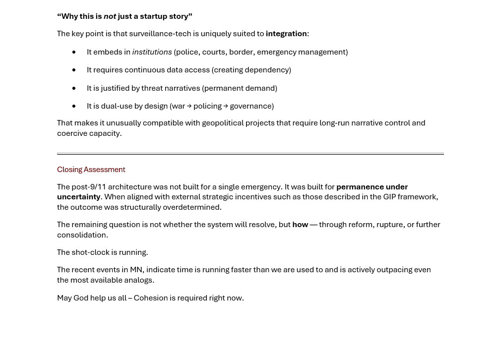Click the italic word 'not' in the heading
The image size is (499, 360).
tap(110, 16)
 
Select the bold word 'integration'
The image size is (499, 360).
tap(286, 34)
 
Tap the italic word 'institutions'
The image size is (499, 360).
tap(152, 52)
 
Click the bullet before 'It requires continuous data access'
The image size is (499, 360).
tap(74, 70)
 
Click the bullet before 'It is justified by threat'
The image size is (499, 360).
tap(74, 88)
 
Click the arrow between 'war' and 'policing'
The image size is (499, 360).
tap(189, 106)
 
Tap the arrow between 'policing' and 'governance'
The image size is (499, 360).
tap(226, 106)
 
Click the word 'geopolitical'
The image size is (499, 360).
tap(224, 123)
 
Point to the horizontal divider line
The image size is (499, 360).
tap(250, 154)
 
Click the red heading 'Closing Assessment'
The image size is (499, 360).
tap(91, 170)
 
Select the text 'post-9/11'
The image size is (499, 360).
tap(89, 187)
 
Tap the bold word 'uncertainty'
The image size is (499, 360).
tap(78, 197)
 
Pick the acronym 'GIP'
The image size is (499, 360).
tap(389, 197)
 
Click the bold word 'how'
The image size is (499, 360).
tap(300, 225)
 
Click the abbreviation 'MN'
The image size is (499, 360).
tap(136, 270)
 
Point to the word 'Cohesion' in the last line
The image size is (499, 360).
tap(151, 298)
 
